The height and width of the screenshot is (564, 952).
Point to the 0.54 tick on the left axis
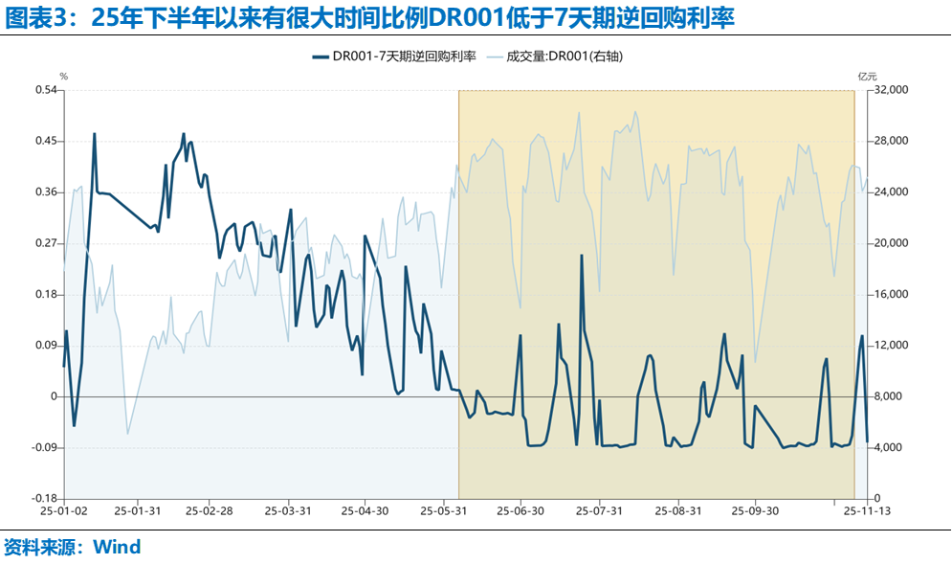(x=45, y=90)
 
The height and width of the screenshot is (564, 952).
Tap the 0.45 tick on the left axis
(x=45, y=141)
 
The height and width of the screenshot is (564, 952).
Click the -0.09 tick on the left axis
(x=43, y=447)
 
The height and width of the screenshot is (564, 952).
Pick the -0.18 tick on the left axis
(x=43, y=499)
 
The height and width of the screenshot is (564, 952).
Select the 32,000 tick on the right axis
(x=890, y=90)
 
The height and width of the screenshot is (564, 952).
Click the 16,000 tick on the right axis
(x=890, y=294)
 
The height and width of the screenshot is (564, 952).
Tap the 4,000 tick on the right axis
(x=887, y=447)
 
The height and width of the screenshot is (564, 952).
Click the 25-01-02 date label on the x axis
(x=64, y=511)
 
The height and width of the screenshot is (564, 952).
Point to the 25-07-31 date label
(x=600, y=511)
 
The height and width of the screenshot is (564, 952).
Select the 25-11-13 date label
(x=867, y=511)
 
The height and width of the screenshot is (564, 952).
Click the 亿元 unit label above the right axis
(x=867, y=75)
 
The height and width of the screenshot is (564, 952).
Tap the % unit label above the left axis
(x=64, y=75)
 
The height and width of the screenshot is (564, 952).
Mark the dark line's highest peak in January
(x=94, y=134)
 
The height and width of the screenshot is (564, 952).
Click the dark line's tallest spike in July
(x=582, y=256)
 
